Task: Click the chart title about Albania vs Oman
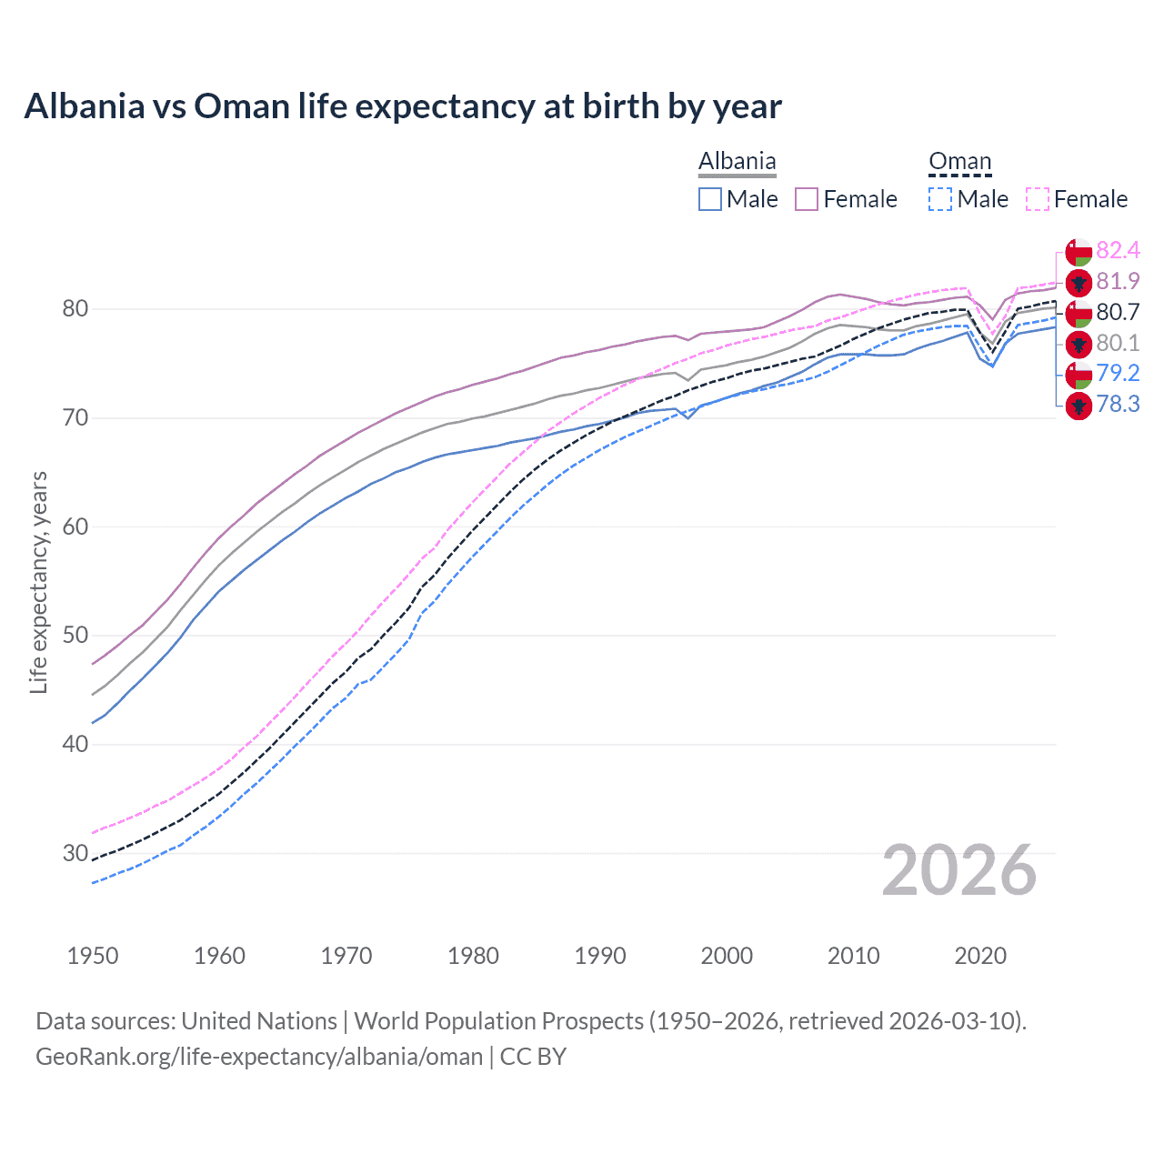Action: (403, 106)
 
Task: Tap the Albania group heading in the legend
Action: (737, 161)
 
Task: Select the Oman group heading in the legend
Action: (959, 161)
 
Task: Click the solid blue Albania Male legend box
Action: (710, 199)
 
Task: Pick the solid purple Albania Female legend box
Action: (807, 199)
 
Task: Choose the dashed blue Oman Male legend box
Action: (940, 199)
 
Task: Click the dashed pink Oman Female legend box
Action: (1038, 199)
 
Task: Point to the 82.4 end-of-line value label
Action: (1118, 251)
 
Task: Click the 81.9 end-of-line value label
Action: (1118, 282)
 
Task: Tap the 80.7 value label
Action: (1118, 313)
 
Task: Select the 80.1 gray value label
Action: (1118, 343)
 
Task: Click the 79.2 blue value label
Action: (1118, 374)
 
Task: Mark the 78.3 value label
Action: (1118, 405)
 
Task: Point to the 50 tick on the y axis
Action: (75, 636)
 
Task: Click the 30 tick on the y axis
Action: (75, 853)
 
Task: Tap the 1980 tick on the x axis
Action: (473, 956)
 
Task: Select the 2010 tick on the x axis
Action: (853, 956)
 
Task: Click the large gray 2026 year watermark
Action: (958, 871)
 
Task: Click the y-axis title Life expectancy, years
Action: (39, 582)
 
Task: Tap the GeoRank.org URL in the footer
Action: (259, 1057)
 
